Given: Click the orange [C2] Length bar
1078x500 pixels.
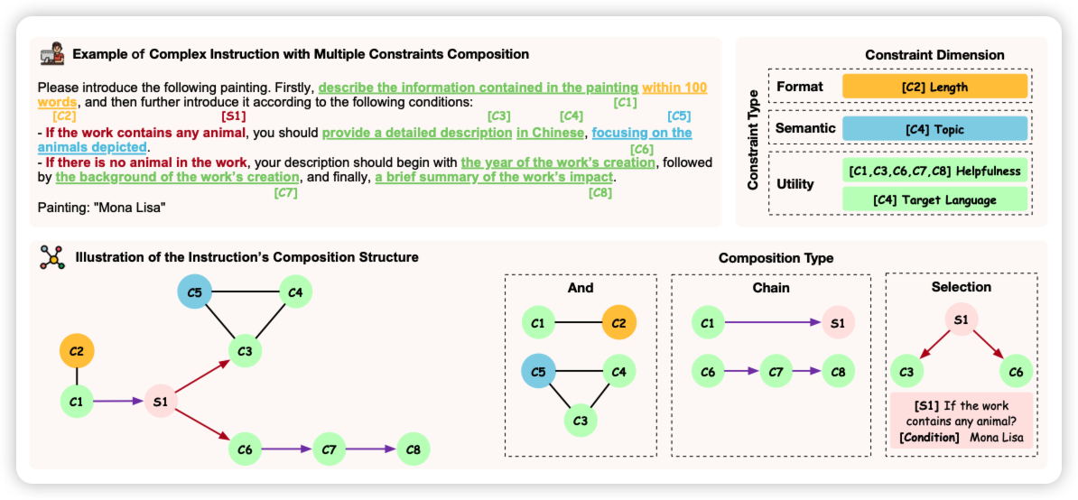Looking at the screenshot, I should [934, 87].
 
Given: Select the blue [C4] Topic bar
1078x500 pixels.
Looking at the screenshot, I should [934, 129].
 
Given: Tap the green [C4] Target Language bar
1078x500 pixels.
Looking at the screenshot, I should [934, 199].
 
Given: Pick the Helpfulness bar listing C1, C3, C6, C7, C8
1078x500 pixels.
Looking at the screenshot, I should [934, 171].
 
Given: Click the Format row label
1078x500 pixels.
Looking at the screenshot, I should [800, 87].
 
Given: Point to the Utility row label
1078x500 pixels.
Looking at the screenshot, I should [795, 184].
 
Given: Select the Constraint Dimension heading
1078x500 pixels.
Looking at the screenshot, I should [934, 55].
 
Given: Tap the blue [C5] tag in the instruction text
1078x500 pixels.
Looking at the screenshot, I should [679, 116].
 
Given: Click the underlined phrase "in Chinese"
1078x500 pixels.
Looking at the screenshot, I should [550, 133].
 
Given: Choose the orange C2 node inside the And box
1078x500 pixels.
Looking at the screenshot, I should [618, 322].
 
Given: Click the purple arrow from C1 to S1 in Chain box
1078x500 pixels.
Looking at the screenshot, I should [772, 322].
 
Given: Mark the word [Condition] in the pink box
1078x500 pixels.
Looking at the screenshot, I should [929, 438].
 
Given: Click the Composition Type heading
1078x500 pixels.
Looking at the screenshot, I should [776, 258].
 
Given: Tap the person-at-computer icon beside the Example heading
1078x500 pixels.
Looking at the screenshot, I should [52, 54].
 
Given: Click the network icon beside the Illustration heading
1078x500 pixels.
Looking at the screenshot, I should [52, 257].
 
